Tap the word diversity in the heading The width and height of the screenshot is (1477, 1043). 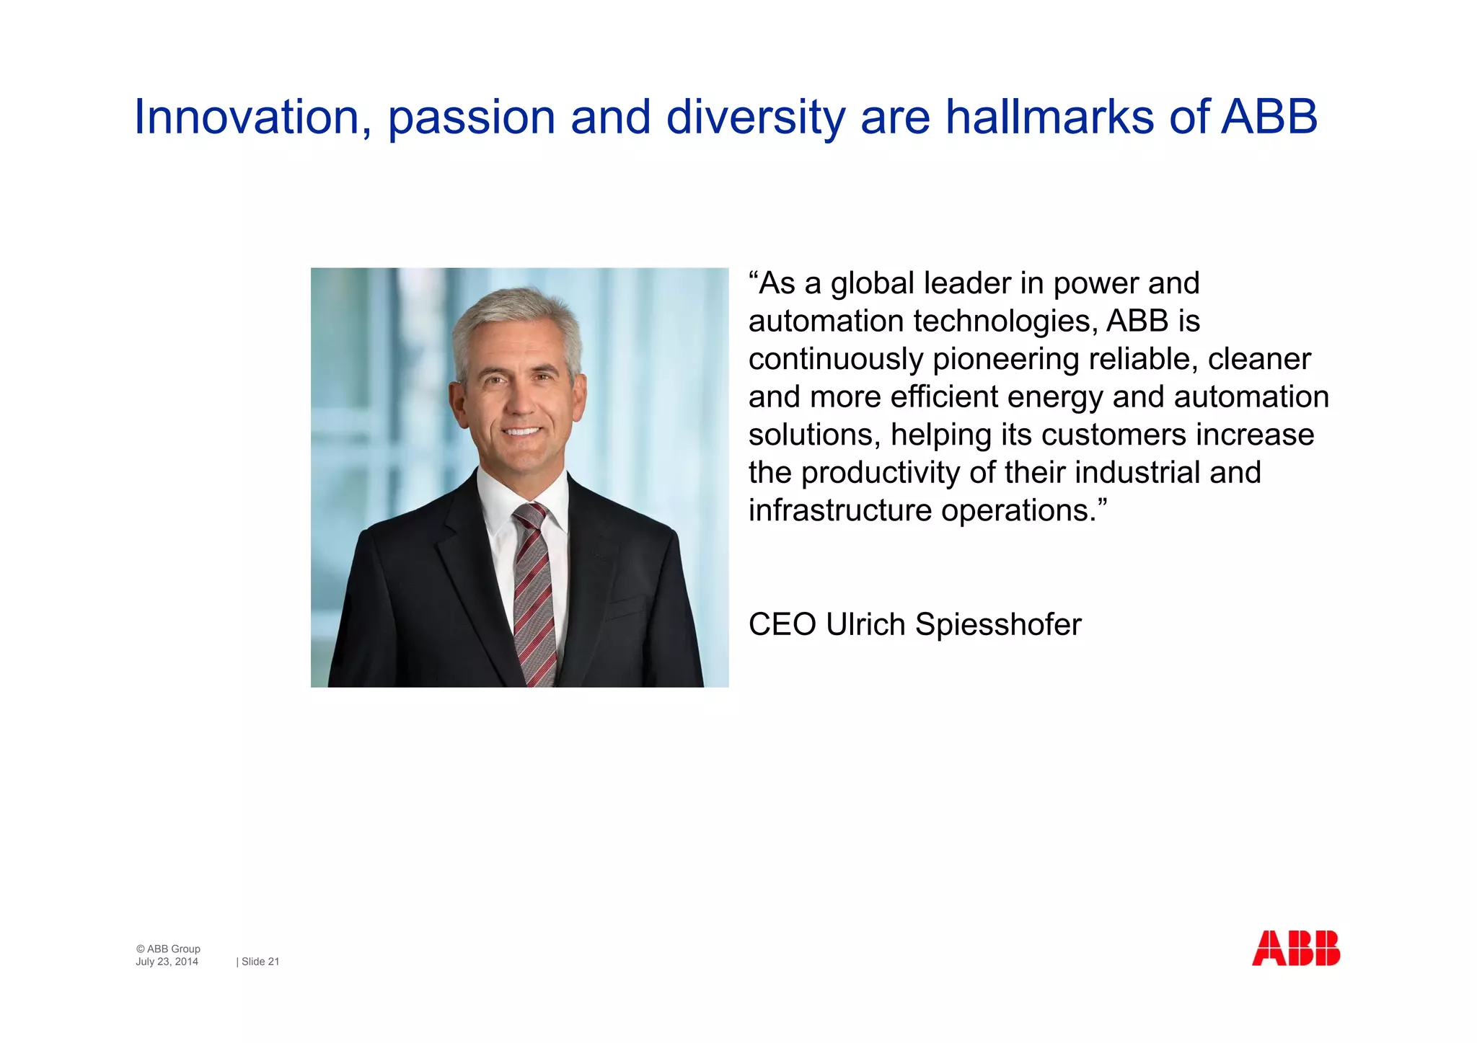755,117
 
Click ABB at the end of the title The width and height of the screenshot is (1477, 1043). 1269,117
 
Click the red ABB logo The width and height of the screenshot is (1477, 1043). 1295,948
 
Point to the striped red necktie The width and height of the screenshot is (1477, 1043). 534,591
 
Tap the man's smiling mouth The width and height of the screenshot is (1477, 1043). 522,432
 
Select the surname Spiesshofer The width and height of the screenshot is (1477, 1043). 998,624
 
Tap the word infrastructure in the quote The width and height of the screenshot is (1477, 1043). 840,510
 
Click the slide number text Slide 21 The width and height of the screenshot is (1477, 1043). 260,962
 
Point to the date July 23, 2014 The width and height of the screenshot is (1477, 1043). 167,962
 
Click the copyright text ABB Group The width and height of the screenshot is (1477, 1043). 173,949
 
